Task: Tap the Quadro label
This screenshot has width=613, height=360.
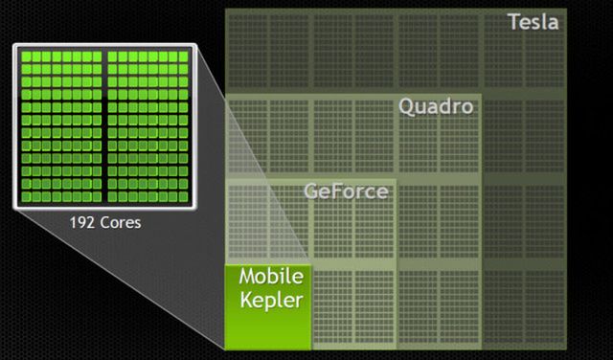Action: coord(436,106)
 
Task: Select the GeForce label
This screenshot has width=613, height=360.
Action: coord(346,191)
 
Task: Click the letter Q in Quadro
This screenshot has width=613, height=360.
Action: coord(407,106)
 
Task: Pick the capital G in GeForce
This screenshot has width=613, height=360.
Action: coord(311,191)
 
